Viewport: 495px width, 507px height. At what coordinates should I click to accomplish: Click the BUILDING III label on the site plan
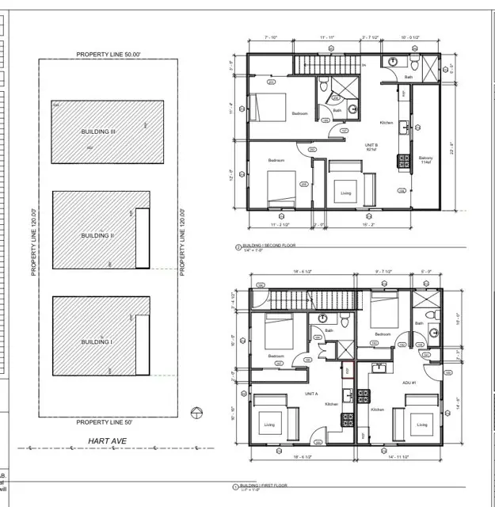coord(98,132)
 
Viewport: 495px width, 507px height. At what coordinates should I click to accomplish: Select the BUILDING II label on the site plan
coord(98,235)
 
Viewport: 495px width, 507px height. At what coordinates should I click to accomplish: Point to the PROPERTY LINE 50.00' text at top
coord(108,54)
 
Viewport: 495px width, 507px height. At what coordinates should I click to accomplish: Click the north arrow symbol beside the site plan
coord(197,410)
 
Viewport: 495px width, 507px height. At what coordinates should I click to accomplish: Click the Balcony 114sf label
coord(425,160)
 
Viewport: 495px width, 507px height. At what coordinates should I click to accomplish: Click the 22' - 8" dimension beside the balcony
coord(451,149)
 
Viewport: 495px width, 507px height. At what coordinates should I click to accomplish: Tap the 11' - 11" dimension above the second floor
coord(329,37)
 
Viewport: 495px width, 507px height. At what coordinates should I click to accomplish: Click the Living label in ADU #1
coord(421,425)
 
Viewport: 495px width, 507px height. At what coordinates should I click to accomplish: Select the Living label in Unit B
coord(346,193)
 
